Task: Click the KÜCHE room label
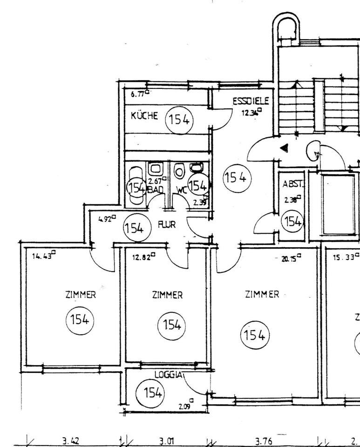(145, 116)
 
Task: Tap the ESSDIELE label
(251, 101)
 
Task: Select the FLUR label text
(167, 224)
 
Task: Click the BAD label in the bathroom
(155, 190)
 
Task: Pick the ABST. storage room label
(293, 184)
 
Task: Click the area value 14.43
(41, 256)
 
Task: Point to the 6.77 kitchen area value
(138, 94)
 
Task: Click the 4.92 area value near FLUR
(105, 218)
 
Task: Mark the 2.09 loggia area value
(185, 406)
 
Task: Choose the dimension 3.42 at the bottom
(71, 440)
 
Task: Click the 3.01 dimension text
(167, 440)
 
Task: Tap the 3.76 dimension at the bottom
(264, 440)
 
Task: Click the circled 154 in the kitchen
(179, 120)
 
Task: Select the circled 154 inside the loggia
(150, 393)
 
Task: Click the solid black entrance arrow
(284, 148)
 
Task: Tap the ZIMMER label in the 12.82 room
(167, 295)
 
